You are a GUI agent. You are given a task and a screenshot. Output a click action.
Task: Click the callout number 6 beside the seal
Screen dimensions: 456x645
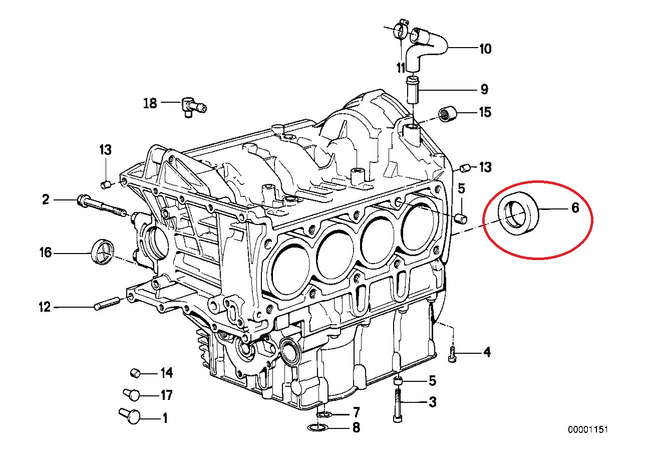(575, 207)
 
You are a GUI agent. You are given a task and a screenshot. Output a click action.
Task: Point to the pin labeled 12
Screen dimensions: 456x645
(107, 304)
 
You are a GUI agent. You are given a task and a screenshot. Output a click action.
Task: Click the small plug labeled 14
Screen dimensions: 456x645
(134, 372)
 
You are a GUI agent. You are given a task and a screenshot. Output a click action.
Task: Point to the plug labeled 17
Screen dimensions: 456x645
(131, 394)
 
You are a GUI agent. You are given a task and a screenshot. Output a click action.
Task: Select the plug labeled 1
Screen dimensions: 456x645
(129, 415)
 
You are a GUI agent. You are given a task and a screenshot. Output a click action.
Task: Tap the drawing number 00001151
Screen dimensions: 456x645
(587, 429)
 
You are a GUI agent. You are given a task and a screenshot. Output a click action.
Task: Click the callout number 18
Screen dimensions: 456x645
(150, 103)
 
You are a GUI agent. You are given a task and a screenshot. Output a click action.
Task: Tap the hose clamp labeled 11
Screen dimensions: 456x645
(401, 30)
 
